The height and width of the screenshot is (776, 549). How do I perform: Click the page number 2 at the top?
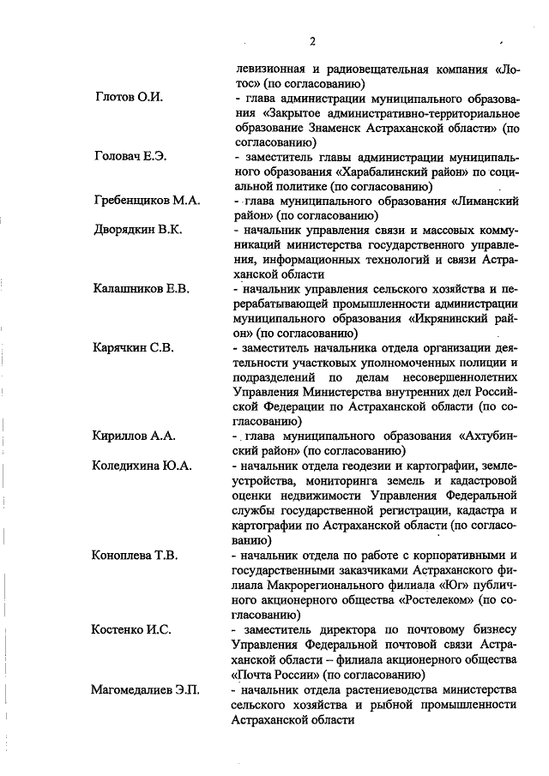pyautogui.click(x=313, y=41)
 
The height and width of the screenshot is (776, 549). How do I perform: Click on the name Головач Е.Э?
pyautogui.click(x=130, y=156)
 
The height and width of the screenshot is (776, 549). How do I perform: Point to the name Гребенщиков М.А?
pyautogui.click(x=147, y=200)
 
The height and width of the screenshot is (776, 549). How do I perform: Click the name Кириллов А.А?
pyautogui.click(x=134, y=436)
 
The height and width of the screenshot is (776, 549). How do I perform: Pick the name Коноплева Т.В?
pyautogui.click(x=135, y=555)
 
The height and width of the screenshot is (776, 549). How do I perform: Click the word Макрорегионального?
pyautogui.click(x=329, y=585)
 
